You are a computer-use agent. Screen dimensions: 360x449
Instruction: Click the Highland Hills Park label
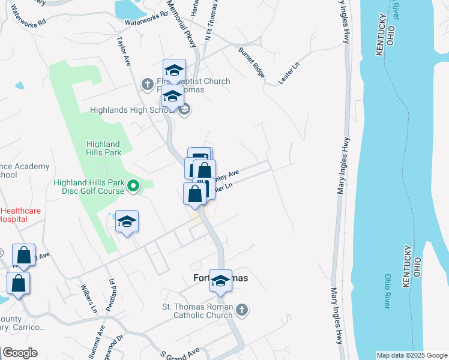click(103, 148)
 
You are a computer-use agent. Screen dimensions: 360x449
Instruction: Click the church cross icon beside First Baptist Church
click(146, 83)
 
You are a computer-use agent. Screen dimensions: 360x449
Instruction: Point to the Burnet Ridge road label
click(252, 63)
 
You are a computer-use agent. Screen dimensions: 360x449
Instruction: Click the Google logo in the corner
click(20, 353)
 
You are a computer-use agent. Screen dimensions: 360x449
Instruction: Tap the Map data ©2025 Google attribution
click(412, 355)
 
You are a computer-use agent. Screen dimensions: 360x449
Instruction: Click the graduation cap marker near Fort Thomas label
click(220, 281)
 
